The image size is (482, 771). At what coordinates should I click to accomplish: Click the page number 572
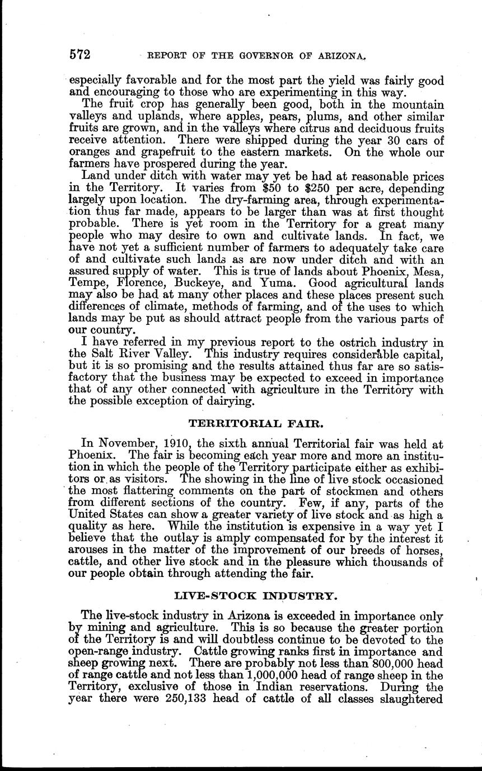click(x=80, y=55)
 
